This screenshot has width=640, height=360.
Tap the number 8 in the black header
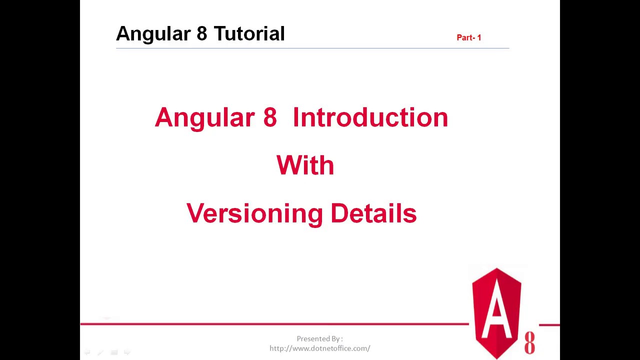201,34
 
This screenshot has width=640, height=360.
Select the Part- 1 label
468,37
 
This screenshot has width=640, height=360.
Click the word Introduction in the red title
370,117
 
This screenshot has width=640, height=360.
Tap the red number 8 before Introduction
269,117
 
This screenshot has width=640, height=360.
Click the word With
305,165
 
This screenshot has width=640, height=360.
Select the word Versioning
254,213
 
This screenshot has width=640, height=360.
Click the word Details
373,213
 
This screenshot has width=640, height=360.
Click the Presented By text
319,339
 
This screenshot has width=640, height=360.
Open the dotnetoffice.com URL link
319,348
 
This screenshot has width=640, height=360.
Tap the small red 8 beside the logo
529,343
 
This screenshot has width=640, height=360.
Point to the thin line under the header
312,48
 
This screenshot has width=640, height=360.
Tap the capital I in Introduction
296,117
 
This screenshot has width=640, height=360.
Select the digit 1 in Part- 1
479,37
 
